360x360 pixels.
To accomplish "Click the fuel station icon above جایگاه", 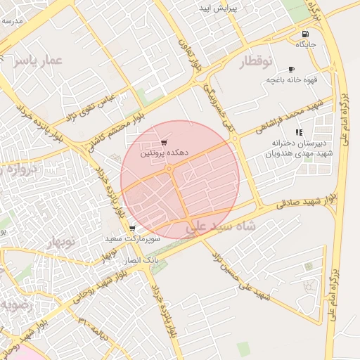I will pos(304,34).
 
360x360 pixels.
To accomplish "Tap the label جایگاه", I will pos(306,44).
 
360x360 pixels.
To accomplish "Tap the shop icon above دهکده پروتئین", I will pos(164,142).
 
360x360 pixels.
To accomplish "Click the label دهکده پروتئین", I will pos(163,152).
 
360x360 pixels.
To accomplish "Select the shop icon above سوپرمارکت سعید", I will pos(131,229).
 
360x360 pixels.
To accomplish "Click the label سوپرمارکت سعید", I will pos(133,239).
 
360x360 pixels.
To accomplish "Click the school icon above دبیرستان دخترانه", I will pos(299,132).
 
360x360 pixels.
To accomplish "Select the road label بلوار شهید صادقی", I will pos(306,200).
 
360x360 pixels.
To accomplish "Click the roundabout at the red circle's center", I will pos(169,169).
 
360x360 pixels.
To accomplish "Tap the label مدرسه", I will pos(13,21).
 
